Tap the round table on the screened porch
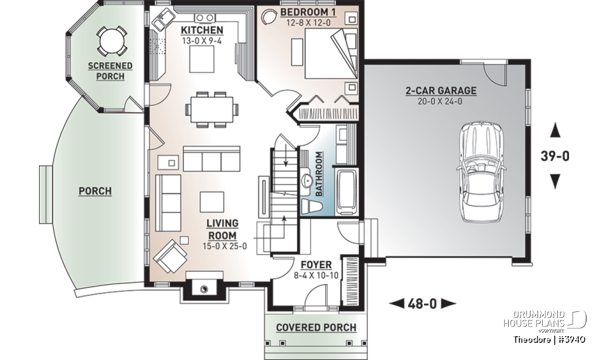coord(112,42)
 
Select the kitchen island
coord(202,59)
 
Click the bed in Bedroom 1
coord(330,54)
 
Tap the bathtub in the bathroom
coord(347,191)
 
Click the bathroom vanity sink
coord(307,180)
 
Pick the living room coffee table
coord(212,202)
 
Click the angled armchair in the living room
coord(170,256)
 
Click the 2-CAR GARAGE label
coord(441,91)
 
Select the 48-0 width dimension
coord(423,304)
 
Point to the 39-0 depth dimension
coord(555,156)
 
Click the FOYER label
coord(316,264)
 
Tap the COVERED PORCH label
coord(316,328)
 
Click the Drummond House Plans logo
coord(545,321)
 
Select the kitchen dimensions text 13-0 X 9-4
coord(202,41)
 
